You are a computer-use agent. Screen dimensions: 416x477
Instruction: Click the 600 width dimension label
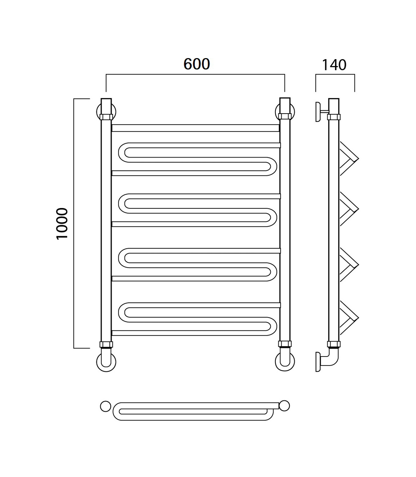197,64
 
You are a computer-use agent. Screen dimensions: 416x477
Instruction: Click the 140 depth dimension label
334,65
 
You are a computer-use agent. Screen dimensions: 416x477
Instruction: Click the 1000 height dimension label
62,224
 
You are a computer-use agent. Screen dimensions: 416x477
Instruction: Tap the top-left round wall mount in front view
98,112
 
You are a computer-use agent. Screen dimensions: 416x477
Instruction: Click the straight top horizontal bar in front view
195,128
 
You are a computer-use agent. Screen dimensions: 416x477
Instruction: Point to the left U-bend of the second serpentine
122,203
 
